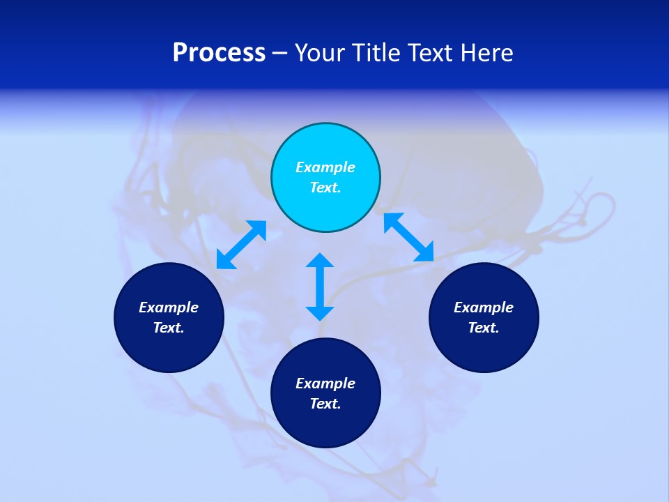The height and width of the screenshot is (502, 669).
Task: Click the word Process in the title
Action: click(219, 53)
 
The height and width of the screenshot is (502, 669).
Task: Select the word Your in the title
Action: click(321, 53)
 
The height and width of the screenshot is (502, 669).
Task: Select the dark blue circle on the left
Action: click(169, 349)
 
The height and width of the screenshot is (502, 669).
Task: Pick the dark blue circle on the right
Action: click(484, 349)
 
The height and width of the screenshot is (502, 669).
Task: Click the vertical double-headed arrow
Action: click(320, 287)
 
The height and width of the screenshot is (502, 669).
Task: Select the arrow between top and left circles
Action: click(242, 244)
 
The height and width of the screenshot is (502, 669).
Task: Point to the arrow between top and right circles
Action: click(409, 237)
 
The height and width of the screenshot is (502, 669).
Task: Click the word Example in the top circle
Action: click(325, 167)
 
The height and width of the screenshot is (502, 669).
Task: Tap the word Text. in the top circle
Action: click(325, 188)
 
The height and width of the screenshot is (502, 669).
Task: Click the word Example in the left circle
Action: click(169, 307)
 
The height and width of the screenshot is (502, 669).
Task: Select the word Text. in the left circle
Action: click(169, 328)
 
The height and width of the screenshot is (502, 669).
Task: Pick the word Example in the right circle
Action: click(484, 307)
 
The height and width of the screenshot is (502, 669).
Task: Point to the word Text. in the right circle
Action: click(484, 328)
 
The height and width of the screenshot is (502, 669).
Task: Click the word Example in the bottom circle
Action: click(325, 383)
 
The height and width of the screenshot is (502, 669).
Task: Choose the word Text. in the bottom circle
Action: click(325, 404)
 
